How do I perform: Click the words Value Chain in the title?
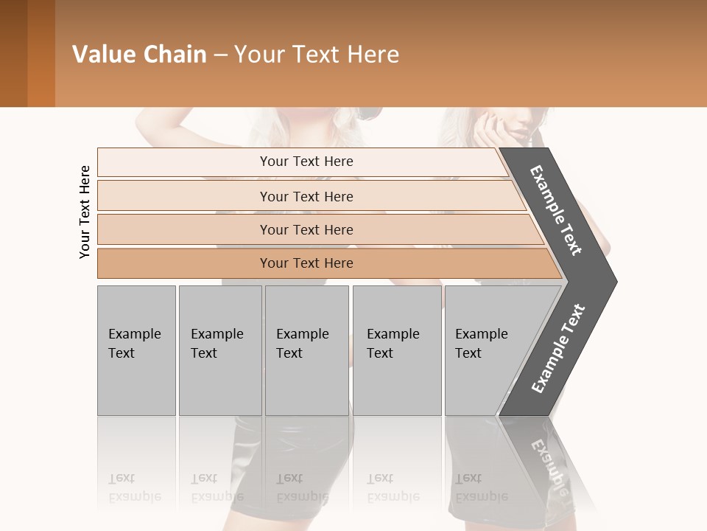[x=139, y=55]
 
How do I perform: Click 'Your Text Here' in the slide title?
[x=317, y=55]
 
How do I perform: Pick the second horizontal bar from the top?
[x=306, y=196]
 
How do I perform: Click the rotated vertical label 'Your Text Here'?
[x=85, y=212]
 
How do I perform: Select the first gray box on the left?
[x=136, y=350]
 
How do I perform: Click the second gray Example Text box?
[x=220, y=350]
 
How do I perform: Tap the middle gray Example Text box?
[x=306, y=350]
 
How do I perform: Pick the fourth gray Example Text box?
[x=397, y=350]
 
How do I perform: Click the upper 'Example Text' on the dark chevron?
[x=556, y=210]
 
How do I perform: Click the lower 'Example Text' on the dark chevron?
[x=557, y=349]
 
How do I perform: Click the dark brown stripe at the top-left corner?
[x=13, y=53]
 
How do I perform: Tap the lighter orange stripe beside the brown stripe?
[x=41, y=53]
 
